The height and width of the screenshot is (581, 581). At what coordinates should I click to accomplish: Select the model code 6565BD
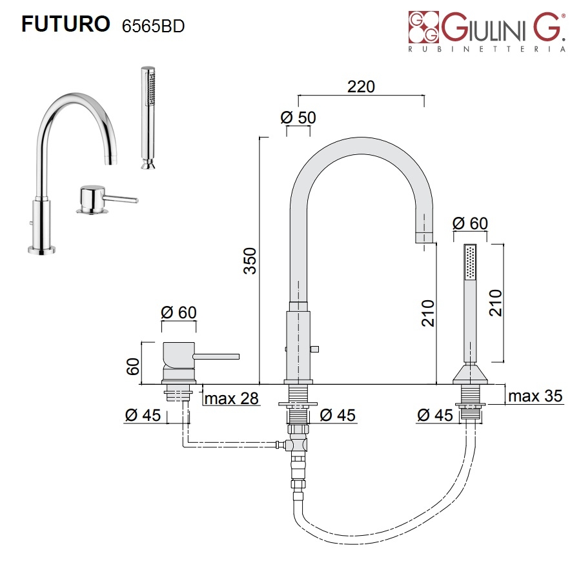153,25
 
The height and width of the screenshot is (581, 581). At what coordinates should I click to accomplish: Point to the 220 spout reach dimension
361,87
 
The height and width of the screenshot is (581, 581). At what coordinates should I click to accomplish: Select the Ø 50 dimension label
298,117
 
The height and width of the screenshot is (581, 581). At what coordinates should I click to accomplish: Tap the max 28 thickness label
232,398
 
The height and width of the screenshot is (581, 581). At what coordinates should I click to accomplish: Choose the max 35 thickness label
535,396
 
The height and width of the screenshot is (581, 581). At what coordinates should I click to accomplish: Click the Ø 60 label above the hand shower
470,223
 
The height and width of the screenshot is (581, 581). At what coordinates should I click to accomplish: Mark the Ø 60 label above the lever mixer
178,312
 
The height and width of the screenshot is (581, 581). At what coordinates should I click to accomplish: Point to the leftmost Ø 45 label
143,415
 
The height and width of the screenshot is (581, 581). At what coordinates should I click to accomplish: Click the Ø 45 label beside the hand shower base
435,415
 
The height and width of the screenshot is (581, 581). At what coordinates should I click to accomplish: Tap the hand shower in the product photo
148,116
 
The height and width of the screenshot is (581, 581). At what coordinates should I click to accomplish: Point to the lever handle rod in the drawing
217,356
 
